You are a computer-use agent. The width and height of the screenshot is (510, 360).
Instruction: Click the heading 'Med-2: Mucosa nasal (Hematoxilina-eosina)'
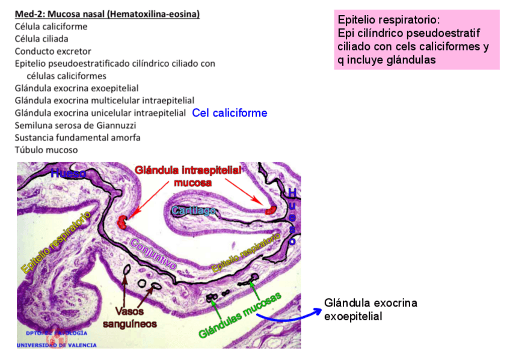(107, 14)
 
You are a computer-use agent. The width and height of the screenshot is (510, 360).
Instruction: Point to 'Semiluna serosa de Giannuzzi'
(75, 125)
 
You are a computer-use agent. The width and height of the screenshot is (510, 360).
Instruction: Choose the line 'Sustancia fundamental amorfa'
(78, 138)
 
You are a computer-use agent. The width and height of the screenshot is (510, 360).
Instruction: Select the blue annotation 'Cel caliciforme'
(230, 113)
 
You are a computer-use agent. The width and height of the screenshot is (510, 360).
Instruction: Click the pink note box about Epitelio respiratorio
(416, 39)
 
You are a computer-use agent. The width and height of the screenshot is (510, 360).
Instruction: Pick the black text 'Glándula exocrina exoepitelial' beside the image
(370, 309)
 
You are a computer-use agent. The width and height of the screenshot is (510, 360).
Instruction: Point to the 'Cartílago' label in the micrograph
(193, 210)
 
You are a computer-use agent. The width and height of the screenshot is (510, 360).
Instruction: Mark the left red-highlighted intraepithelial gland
(124, 221)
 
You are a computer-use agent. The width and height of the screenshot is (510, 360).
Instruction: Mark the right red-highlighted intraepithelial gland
(270, 210)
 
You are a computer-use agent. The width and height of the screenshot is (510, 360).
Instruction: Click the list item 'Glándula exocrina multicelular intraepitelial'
(104, 100)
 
